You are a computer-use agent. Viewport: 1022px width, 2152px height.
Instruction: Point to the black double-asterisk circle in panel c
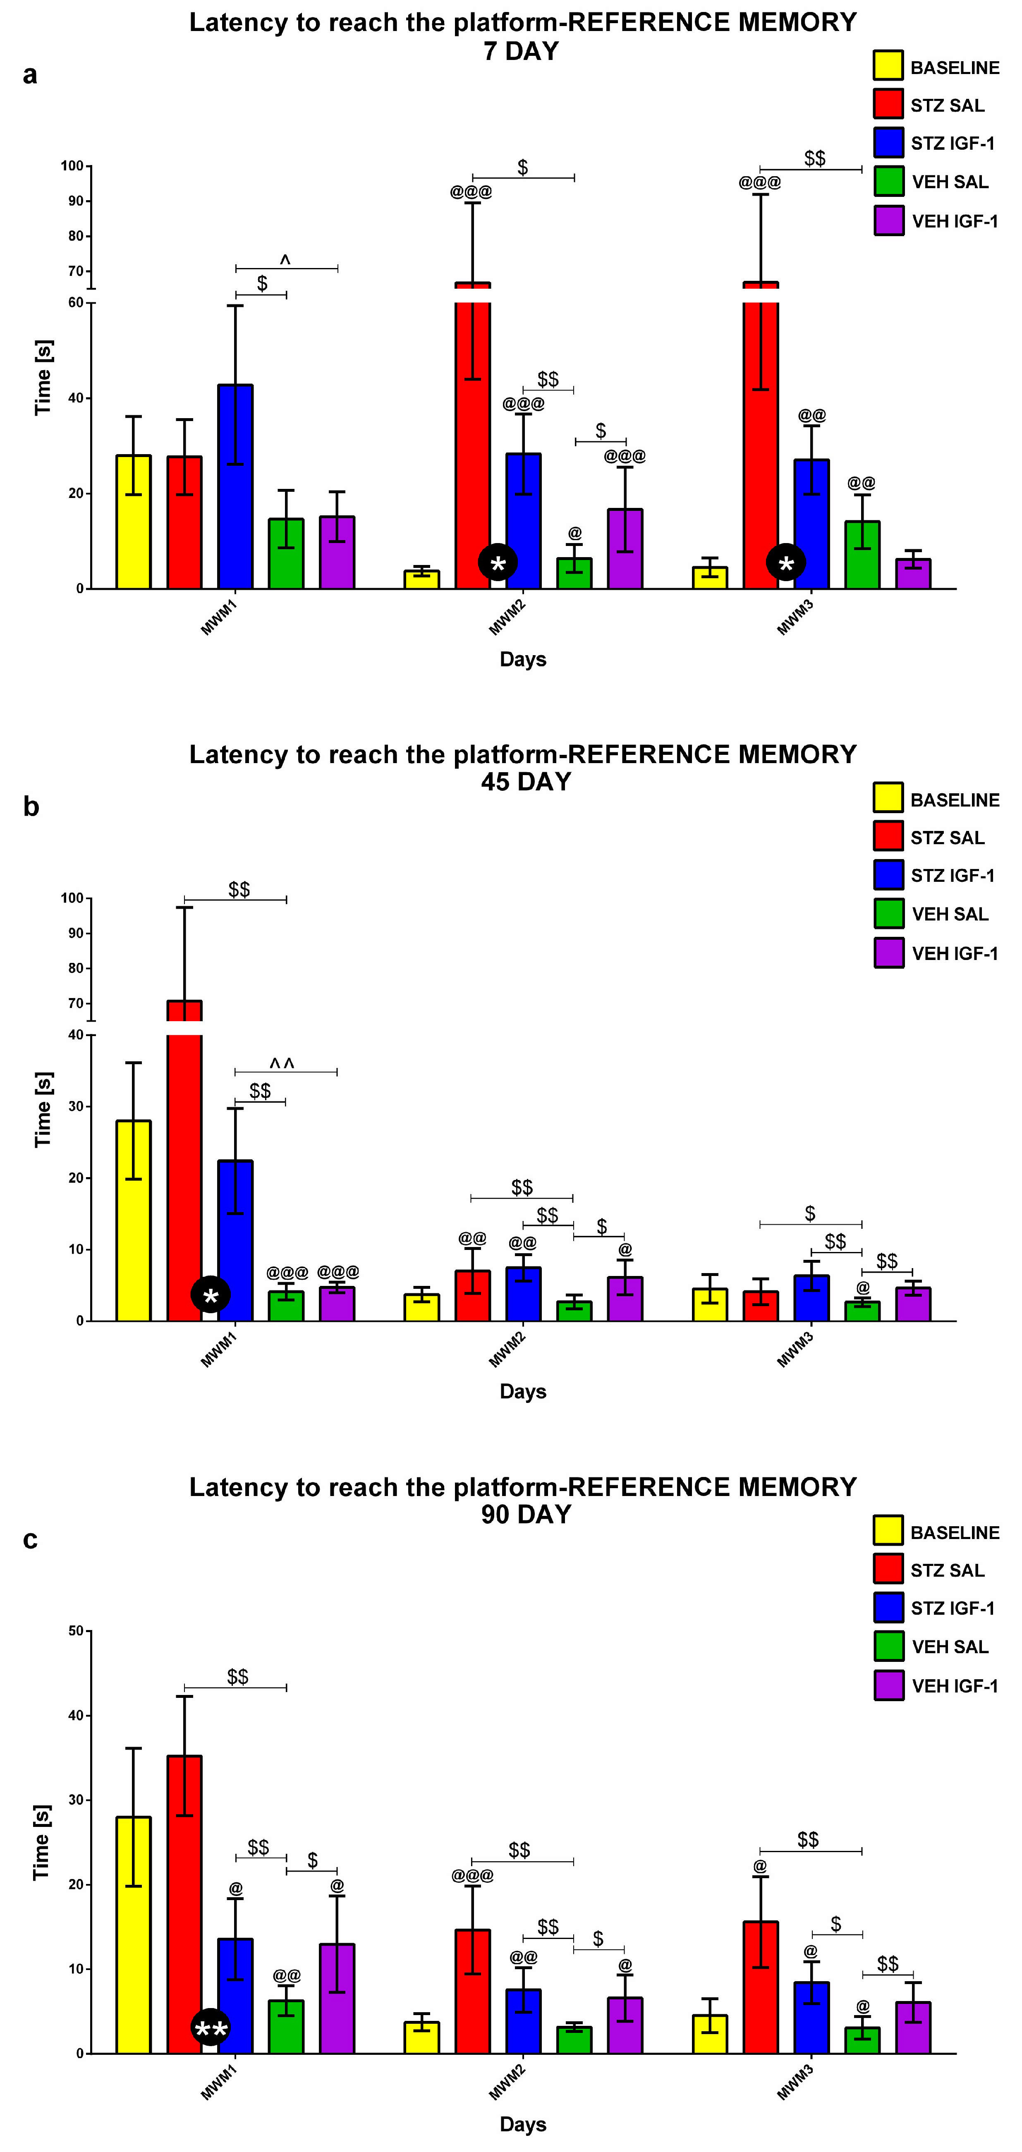tap(211, 2028)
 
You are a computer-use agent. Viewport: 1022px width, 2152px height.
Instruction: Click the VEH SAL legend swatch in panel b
tap(888, 914)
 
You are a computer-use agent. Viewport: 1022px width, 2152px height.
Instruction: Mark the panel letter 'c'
tap(30, 1539)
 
